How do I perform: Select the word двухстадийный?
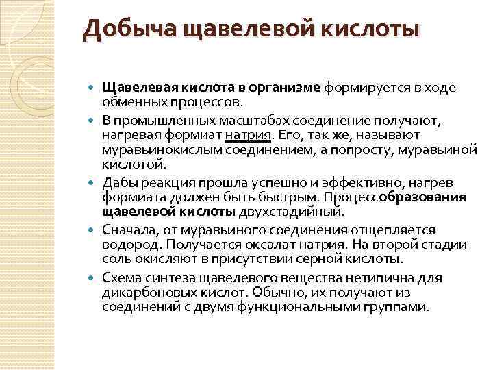click(x=273, y=212)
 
